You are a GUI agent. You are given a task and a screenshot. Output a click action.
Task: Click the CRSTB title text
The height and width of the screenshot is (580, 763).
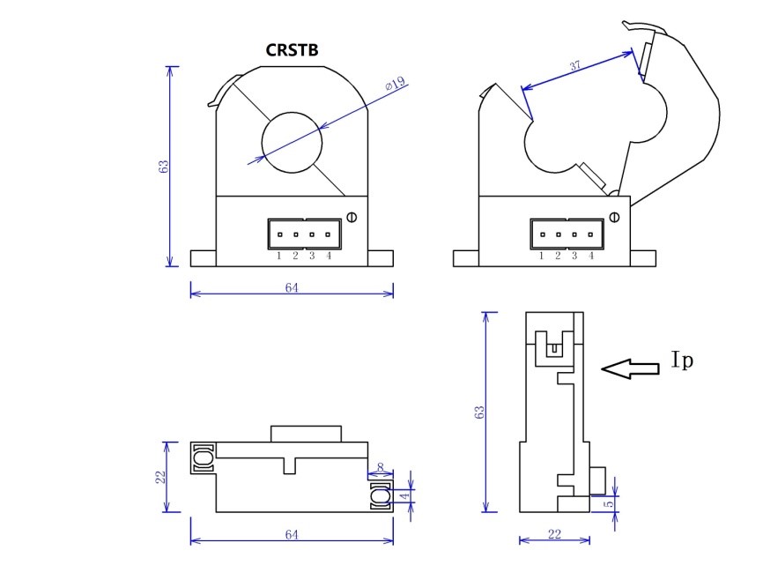click(x=292, y=50)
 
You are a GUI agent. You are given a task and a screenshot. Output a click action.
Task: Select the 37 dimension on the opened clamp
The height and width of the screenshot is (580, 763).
click(x=574, y=65)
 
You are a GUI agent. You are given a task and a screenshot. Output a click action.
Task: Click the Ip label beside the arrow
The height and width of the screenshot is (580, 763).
click(x=682, y=361)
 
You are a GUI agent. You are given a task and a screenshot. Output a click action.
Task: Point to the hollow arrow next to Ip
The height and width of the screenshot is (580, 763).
click(x=630, y=369)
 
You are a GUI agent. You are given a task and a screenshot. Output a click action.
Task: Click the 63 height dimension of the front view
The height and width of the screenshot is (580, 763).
click(x=164, y=166)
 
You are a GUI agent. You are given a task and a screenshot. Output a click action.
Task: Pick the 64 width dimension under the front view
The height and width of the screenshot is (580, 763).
click(x=292, y=288)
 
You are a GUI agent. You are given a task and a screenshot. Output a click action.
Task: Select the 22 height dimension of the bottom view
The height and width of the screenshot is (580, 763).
click(x=160, y=476)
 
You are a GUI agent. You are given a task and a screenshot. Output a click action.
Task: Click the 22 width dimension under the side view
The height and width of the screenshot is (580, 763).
click(x=554, y=535)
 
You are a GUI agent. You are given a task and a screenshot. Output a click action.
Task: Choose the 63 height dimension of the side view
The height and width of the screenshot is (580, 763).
click(x=478, y=412)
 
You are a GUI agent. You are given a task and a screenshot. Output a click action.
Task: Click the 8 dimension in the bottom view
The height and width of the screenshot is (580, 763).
click(x=380, y=468)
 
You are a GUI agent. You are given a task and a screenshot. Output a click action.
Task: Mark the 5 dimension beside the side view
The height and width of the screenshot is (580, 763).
click(x=608, y=503)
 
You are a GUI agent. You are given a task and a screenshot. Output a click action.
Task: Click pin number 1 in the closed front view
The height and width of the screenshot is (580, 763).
click(x=278, y=256)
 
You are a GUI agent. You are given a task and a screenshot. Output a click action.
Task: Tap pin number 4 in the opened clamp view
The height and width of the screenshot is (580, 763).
click(x=590, y=256)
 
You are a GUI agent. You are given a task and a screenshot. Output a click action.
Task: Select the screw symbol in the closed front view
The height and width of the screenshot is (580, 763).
click(x=352, y=217)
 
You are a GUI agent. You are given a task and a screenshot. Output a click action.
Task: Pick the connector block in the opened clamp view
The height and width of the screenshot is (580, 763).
click(x=567, y=234)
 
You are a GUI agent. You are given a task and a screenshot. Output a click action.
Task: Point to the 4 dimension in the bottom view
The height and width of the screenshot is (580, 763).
click(x=404, y=496)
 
